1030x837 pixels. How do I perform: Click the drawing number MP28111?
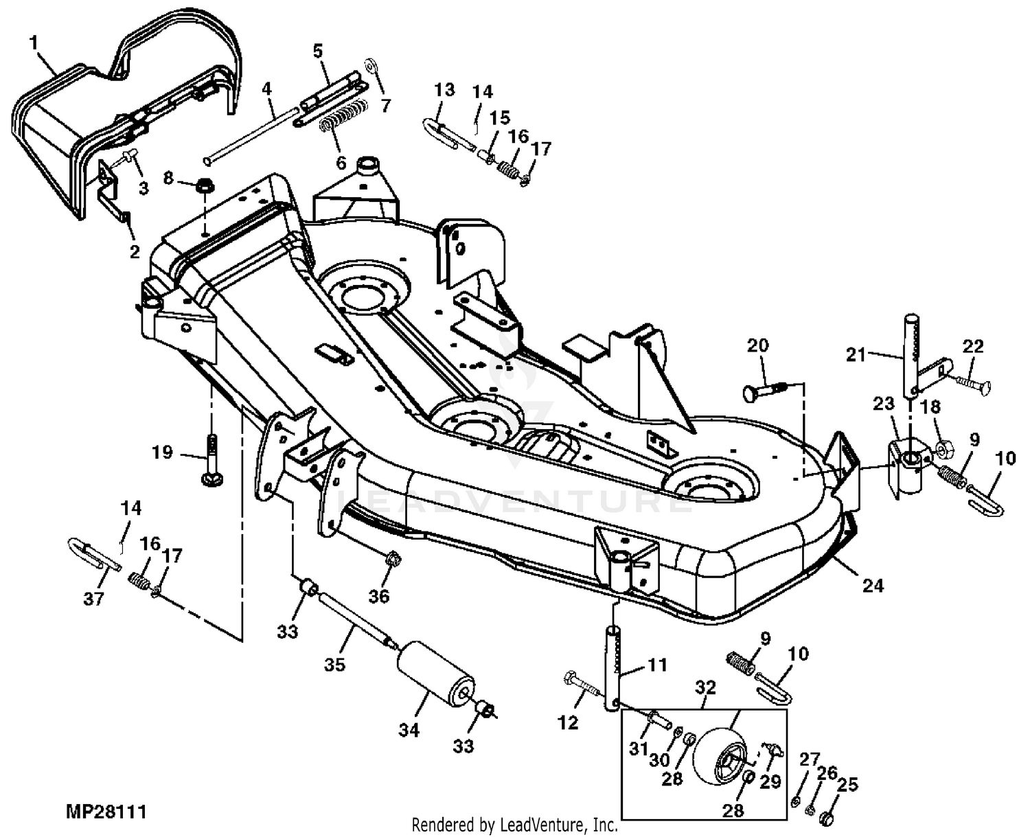[x=106, y=812]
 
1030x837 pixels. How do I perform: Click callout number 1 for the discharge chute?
[x=34, y=43]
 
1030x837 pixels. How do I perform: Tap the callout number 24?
[x=873, y=586]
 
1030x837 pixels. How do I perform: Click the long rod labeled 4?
[x=251, y=136]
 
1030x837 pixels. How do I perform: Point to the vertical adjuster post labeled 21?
[x=910, y=356]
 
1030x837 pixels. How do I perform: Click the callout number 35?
[x=334, y=664]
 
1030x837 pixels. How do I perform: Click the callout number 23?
[x=884, y=403]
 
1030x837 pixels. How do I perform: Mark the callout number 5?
[x=318, y=51]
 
